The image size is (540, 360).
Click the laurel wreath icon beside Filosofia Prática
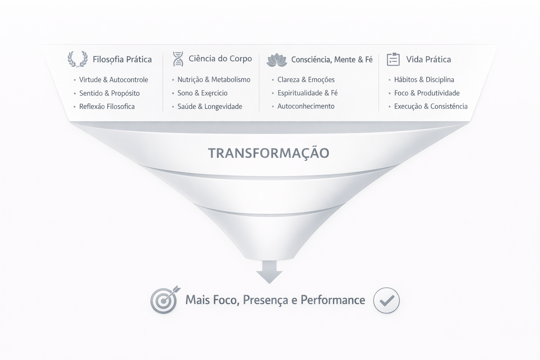[78, 59]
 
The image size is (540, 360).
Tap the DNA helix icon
[178, 59]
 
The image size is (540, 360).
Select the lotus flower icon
[277, 60]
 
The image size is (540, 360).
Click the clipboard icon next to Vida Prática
[393, 59]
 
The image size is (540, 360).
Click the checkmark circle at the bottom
[386, 300]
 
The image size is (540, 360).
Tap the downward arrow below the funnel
[269, 272]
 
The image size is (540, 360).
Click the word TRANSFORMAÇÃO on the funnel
[269, 153]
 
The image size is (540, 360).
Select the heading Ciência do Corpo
[220, 59]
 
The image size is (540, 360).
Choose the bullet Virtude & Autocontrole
[114, 80]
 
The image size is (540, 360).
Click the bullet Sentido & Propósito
[109, 93]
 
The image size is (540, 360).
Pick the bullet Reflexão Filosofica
[107, 107]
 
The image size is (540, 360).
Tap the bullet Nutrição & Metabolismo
[214, 80]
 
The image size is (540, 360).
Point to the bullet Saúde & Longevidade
[210, 107]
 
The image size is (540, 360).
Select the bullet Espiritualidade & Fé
[307, 93]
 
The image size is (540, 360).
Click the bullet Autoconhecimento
[306, 106]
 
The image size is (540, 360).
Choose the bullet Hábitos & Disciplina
[424, 80]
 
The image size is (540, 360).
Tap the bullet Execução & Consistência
[431, 107]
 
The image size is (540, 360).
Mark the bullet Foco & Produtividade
[427, 93]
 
